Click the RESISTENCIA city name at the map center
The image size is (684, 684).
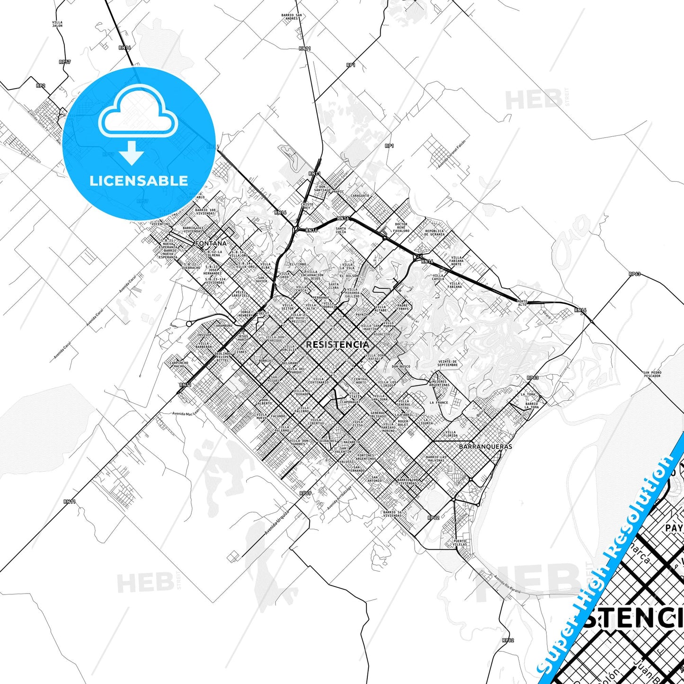click(x=337, y=345)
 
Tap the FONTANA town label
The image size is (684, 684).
click(x=211, y=243)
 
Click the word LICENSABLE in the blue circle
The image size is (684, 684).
click(x=139, y=180)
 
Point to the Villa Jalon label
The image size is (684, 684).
click(x=57, y=24)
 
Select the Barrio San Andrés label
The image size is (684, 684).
click(x=292, y=17)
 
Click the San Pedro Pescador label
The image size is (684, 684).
click(x=652, y=374)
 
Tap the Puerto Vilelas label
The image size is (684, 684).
click(x=459, y=542)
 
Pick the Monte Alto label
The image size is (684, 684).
click(x=522, y=303)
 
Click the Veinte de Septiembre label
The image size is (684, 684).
click(x=447, y=364)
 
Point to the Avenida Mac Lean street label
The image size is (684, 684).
click(x=186, y=414)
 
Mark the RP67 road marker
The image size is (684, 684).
click(x=305, y=493)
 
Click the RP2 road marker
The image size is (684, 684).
click(x=41, y=86)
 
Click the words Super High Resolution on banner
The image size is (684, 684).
click(x=608, y=559)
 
